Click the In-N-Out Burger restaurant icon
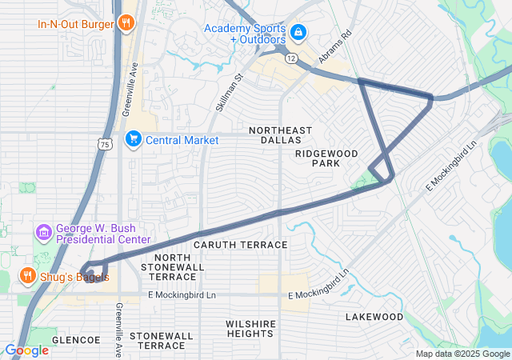125,23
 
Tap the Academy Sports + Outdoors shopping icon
298,33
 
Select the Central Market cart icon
133,140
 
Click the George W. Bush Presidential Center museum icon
44,233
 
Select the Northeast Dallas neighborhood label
280,134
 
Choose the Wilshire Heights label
250,328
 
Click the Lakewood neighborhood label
374,317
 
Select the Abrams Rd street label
334,48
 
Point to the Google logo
26,350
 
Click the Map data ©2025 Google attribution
462,354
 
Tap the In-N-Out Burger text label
75,24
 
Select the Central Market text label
182,140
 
